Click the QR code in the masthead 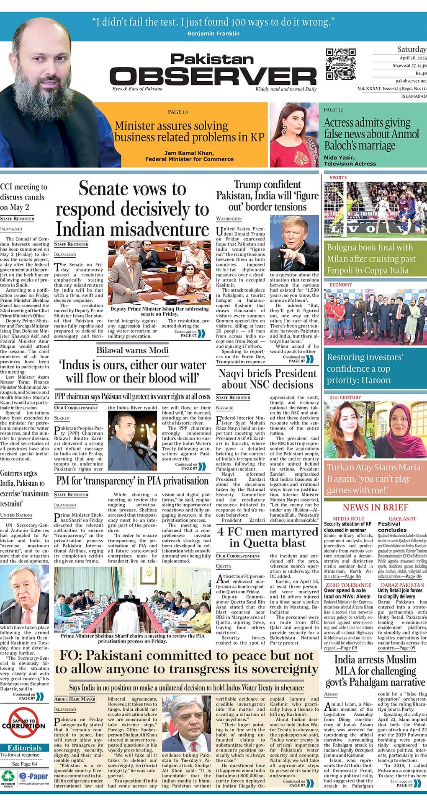click(341, 64)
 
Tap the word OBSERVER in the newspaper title click(213, 76)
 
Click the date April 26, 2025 click(412, 58)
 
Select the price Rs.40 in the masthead click(420, 73)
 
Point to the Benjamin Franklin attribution click(213, 33)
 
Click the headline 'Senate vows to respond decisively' click(132, 209)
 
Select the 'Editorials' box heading click(25, 748)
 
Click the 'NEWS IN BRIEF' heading click(375, 507)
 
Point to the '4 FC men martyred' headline click(268, 538)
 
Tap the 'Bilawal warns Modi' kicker click(132, 350)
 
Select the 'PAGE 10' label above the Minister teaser click(177, 112)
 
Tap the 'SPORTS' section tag click(338, 178)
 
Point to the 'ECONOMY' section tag click(341, 285)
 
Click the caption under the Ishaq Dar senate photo click(159, 311)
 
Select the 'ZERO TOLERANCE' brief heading click(348, 585)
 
